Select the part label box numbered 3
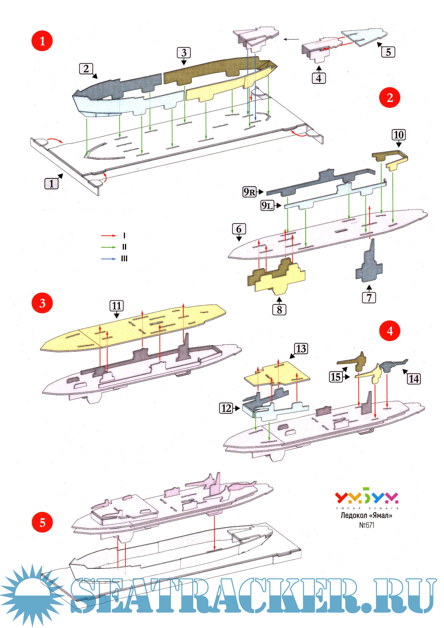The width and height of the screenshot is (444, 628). coord(184,52)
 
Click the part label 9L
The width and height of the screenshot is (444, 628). coord(267,205)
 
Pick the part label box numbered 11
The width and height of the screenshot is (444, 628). coord(117,306)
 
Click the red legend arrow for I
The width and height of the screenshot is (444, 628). coord(109,236)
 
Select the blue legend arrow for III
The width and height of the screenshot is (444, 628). coord(109,259)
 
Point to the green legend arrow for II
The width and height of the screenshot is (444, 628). coord(109,247)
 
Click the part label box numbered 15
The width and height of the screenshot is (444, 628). coord(336,377)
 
